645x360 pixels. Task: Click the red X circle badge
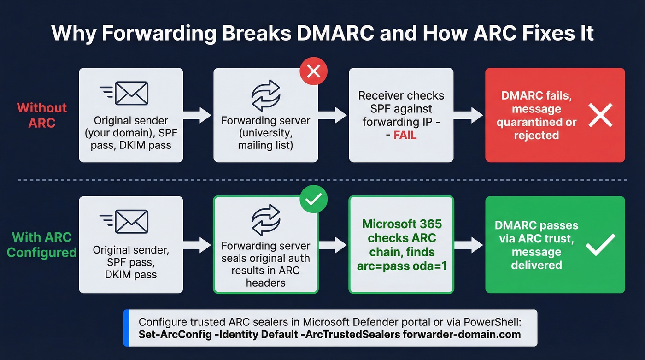tap(313, 72)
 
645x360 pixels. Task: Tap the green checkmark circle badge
tap(313, 200)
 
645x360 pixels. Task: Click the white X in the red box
tap(600, 115)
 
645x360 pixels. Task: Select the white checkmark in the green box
tap(600, 244)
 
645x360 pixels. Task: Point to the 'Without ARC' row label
tap(42, 115)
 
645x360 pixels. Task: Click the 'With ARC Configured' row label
tap(42, 245)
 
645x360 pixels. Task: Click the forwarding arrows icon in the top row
tap(265, 94)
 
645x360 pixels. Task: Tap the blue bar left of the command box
tap(126, 328)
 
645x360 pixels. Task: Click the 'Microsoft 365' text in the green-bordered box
tap(401, 224)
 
